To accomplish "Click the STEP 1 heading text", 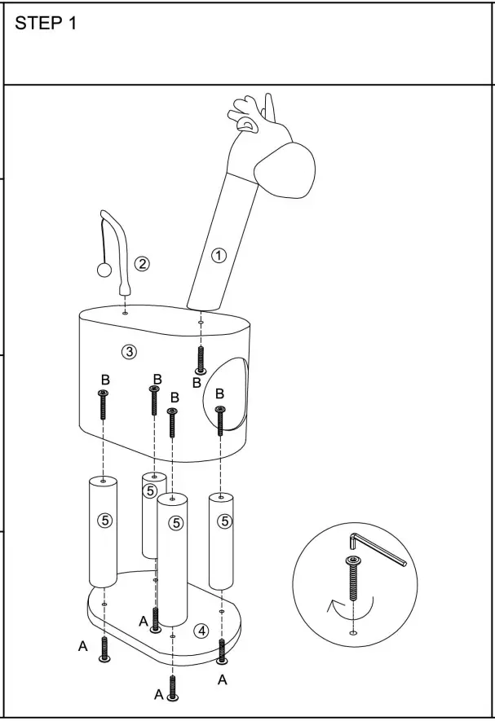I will [x=46, y=24].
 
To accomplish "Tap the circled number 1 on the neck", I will [x=219, y=256].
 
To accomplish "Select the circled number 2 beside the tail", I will [x=143, y=263].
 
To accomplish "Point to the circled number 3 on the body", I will [x=128, y=352].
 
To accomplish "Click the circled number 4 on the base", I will [x=201, y=630].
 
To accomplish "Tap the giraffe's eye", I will [x=242, y=124].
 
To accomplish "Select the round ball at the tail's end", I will [x=104, y=271].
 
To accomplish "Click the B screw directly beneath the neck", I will [x=201, y=359].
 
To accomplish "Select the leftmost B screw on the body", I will [x=104, y=405].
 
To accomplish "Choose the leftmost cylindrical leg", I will [x=104, y=531].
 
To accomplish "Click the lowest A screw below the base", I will [x=173, y=688].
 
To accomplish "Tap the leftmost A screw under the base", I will [x=104, y=649].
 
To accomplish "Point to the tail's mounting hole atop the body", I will [x=124, y=311].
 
